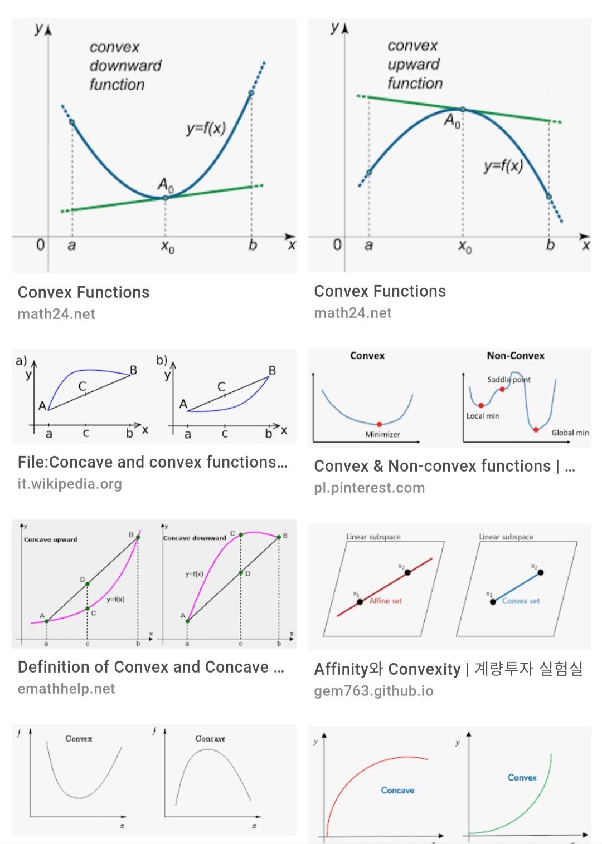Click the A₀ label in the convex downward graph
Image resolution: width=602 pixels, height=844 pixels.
(x=166, y=184)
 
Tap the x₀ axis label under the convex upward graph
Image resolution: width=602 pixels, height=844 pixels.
(x=465, y=246)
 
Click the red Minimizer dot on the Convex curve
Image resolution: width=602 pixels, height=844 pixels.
(x=379, y=424)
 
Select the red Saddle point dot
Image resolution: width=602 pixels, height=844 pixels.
(x=502, y=389)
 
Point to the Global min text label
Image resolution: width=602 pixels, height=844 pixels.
(x=570, y=433)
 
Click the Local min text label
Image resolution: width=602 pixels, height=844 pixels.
(x=483, y=416)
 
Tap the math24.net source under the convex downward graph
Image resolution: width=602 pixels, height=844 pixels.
(x=56, y=314)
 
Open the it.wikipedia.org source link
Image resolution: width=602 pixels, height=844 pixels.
(x=70, y=484)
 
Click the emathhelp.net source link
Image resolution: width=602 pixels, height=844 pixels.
(x=66, y=689)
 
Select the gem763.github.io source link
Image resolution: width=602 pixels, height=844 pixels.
(x=373, y=691)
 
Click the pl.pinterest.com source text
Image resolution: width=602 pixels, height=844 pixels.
(x=369, y=488)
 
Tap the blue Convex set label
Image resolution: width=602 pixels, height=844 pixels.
(x=521, y=601)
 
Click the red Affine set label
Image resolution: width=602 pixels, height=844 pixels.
(x=385, y=601)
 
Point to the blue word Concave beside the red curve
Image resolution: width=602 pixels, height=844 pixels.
(x=397, y=790)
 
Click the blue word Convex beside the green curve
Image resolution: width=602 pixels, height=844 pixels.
(x=522, y=777)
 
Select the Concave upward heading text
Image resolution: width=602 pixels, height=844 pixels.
(x=51, y=539)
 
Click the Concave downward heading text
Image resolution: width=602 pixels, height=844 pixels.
(x=195, y=538)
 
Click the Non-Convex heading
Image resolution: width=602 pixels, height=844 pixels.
(x=516, y=356)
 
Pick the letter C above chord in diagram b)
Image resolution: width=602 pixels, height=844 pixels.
(x=221, y=386)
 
